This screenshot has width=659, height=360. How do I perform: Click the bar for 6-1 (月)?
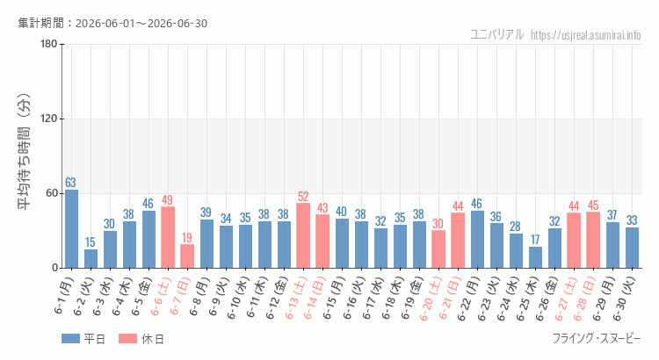71,228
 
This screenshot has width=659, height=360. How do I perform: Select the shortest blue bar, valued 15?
91,259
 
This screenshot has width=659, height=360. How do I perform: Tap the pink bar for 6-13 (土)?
303,235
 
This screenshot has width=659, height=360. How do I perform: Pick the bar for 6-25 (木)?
535,257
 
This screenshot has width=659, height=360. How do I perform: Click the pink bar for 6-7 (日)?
187,256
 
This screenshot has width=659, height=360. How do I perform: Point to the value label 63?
70,183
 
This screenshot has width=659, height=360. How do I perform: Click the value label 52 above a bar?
303,197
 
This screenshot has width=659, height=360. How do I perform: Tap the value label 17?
535,240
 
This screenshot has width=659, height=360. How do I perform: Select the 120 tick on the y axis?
48,119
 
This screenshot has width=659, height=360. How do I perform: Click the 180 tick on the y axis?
48,44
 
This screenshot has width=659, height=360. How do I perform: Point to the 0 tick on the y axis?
54,268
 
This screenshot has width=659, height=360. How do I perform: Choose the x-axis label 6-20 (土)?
432,298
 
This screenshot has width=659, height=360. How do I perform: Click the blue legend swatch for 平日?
70,339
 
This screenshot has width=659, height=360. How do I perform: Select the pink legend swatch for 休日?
127,339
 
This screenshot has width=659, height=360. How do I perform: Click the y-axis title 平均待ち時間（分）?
24,152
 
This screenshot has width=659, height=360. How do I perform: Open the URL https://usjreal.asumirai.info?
586,35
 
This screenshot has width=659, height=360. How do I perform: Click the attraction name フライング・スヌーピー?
597,339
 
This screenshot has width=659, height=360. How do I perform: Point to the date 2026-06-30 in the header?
177,23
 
